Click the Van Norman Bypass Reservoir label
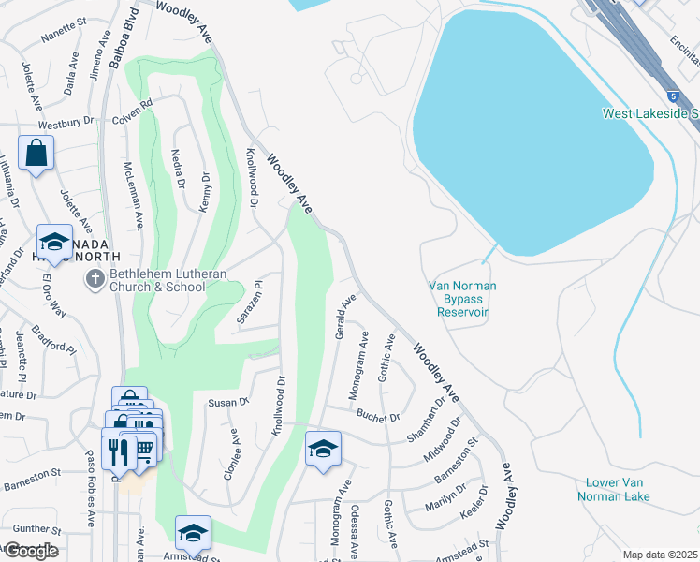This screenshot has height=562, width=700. point(462,299)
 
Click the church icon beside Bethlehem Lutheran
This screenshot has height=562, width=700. point(94,279)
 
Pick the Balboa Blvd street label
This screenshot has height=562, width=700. point(116,37)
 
